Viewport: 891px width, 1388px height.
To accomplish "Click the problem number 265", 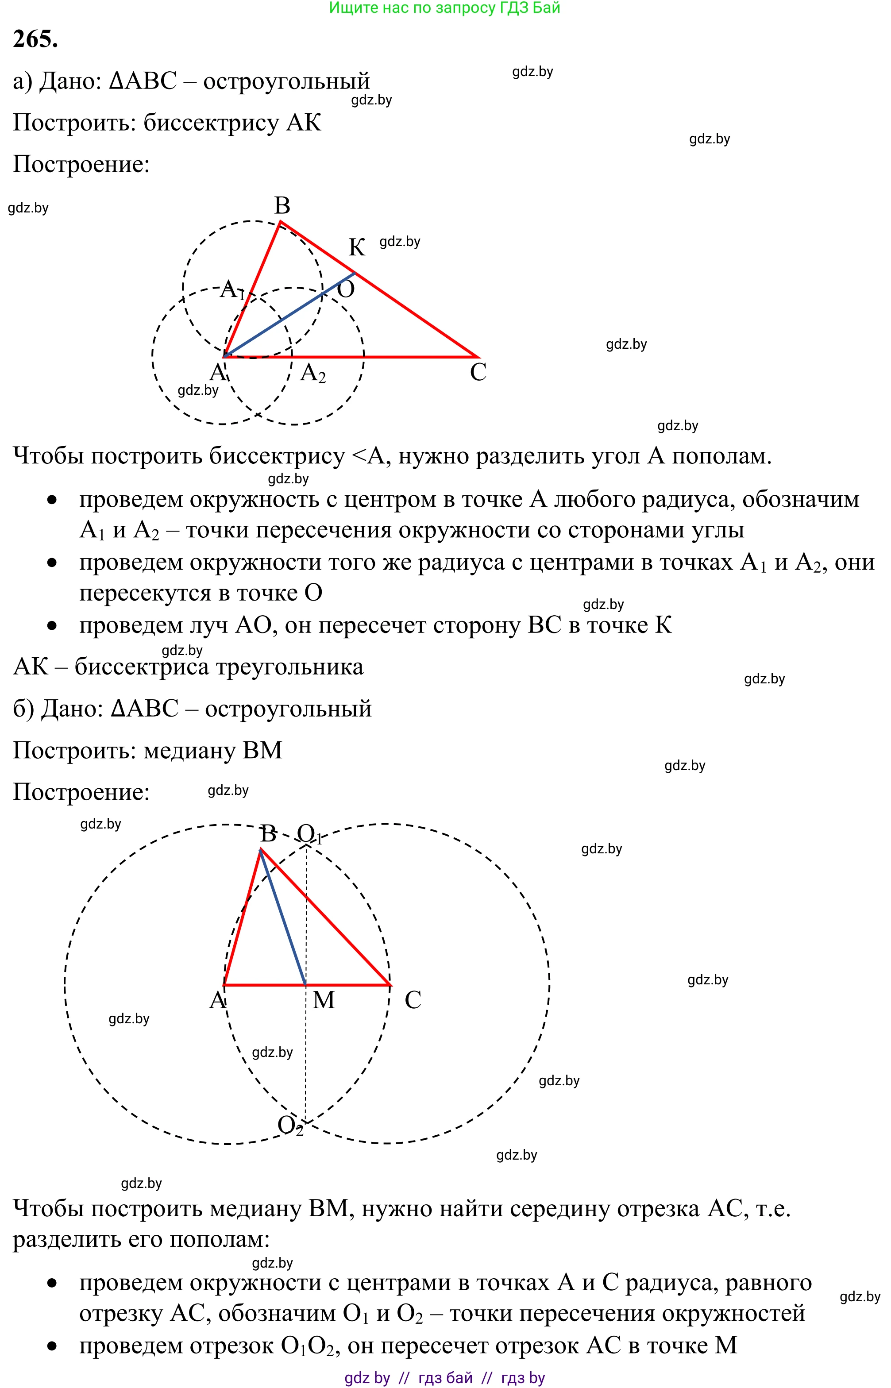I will click(35, 39).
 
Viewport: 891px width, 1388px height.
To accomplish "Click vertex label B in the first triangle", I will click(282, 205).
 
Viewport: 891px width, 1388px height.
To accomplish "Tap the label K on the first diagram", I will click(356, 247).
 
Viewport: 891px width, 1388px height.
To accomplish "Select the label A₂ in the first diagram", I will click(312, 373).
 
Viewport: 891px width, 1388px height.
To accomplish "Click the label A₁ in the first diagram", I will click(231, 289).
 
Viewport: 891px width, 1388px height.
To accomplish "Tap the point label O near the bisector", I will click(345, 289).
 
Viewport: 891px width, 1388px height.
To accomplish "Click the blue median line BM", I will click(283, 920).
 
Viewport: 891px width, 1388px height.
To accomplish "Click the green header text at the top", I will click(444, 8).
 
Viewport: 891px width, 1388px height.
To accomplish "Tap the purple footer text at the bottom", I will click(444, 1377).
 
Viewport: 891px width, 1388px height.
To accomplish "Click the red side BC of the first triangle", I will click(405, 307).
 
